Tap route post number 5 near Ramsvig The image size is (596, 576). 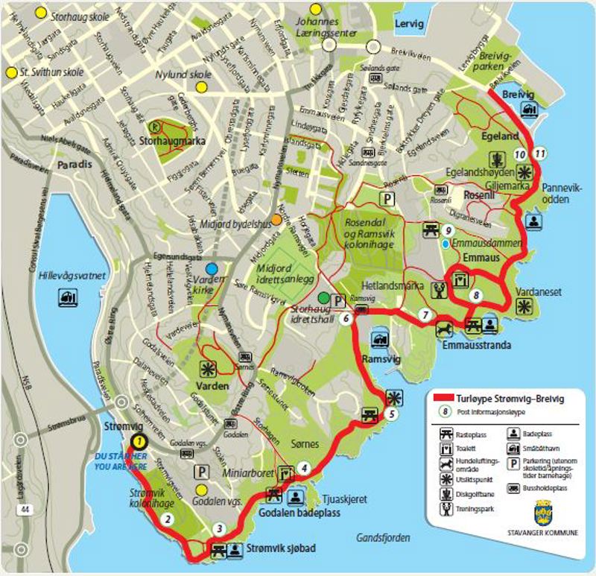point(392,414)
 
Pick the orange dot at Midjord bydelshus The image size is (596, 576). point(276,220)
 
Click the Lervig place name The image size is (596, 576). point(409,23)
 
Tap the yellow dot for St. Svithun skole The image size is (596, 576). point(11,72)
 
